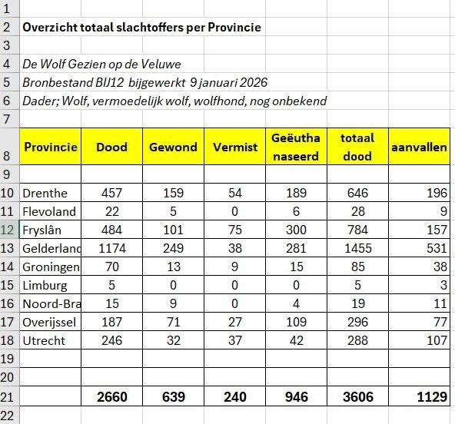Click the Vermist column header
[x=234, y=147]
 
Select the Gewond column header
[x=173, y=147]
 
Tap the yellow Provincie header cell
[x=51, y=147]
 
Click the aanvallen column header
[x=419, y=147]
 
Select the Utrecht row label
[x=44, y=340]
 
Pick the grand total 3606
[x=357, y=396]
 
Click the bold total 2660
[x=112, y=396]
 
